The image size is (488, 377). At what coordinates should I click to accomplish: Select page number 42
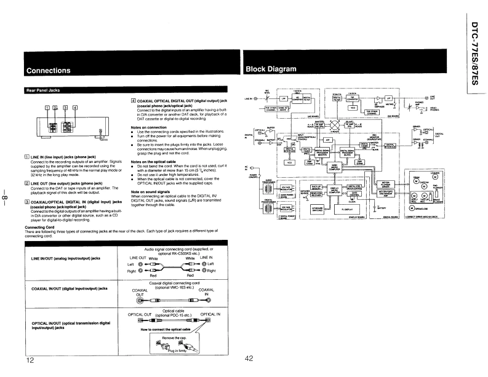tap(249, 359)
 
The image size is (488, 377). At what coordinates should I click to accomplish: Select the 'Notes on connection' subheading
tap(148, 127)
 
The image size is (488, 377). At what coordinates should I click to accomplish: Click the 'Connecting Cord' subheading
tap(41, 227)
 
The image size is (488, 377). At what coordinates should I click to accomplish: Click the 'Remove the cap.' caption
tap(173, 337)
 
